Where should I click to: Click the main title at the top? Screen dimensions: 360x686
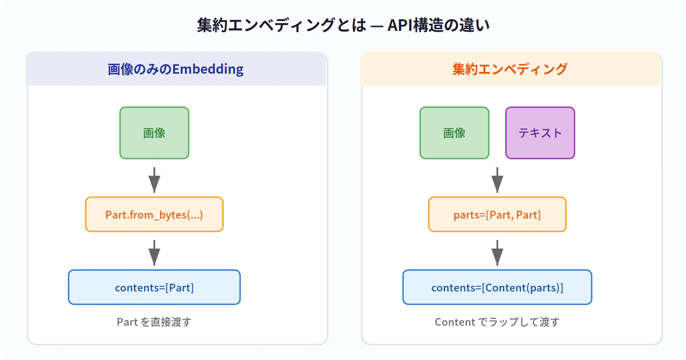343,25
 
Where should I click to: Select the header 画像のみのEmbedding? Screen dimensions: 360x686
176,69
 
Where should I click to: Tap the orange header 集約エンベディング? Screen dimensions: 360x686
510,69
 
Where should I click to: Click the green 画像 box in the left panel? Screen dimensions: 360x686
154,133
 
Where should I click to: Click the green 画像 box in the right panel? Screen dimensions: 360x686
454,133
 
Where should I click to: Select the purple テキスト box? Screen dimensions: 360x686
540,133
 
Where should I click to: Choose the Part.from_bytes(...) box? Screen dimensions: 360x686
154,214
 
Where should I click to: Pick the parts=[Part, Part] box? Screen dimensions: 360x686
497,214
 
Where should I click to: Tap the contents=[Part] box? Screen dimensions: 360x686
154,287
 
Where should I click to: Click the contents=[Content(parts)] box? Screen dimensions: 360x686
497,287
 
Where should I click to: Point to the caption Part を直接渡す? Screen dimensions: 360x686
154,322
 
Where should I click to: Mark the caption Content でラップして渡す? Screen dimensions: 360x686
497,322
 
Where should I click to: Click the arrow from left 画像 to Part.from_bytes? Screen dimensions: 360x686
154,180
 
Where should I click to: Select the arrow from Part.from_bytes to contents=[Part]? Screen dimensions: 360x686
154,253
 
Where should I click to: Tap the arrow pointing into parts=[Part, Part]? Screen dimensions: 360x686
497,180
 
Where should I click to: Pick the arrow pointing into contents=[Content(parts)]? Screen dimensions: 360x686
497,253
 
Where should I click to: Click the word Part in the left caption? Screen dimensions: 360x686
127,322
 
